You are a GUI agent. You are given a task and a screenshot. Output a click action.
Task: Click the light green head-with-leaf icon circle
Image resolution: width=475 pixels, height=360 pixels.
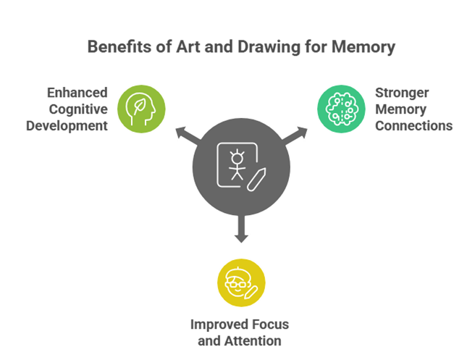pyautogui.click(x=141, y=109)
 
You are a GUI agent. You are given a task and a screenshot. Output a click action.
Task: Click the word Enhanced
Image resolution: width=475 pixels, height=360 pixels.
pyautogui.click(x=78, y=93)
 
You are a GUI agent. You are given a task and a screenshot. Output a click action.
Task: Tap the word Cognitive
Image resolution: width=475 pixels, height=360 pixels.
pyautogui.click(x=78, y=109)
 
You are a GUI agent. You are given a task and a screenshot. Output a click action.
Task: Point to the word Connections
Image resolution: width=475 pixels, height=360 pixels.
pyautogui.click(x=414, y=125)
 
